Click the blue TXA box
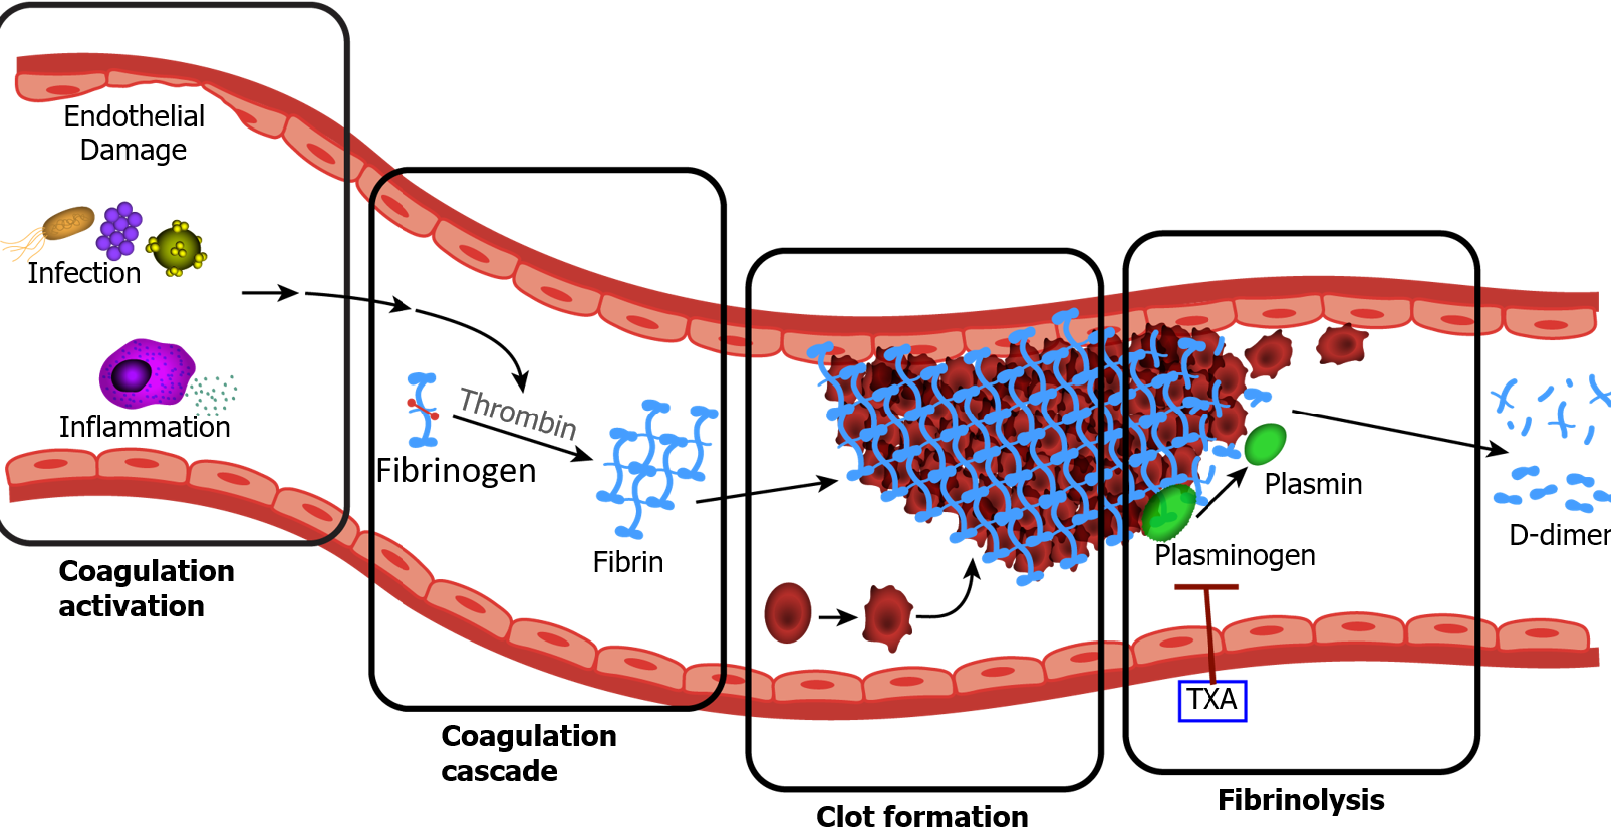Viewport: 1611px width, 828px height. click(1211, 700)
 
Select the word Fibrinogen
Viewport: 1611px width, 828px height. click(455, 470)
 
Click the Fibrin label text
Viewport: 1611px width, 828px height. click(627, 562)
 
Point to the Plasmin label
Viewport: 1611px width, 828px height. click(1313, 484)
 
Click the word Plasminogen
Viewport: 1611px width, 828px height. click(1234, 555)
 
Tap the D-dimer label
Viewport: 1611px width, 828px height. click(1558, 535)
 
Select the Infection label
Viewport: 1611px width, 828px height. click(84, 273)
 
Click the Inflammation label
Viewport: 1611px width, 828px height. click(144, 427)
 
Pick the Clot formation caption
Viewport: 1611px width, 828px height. click(921, 815)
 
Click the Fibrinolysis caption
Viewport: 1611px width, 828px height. click(1300, 799)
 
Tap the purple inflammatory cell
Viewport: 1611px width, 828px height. click(145, 373)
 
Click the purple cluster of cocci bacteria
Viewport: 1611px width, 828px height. click(119, 230)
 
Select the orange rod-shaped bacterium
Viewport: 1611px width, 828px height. click(67, 223)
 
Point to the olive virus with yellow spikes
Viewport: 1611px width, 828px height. click(177, 248)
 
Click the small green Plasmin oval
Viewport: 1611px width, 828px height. click(1265, 444)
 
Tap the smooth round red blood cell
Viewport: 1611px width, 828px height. click(787, 613)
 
